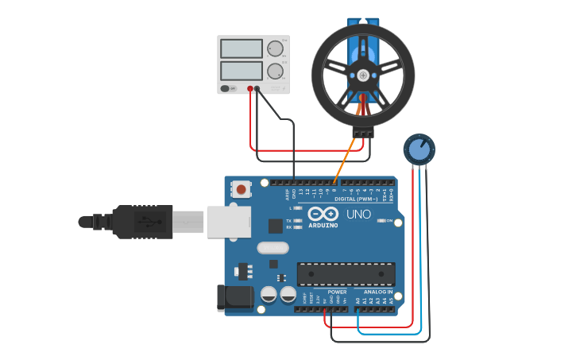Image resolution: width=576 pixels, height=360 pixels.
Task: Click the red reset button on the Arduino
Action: pyautogui.click(x=241, y=189)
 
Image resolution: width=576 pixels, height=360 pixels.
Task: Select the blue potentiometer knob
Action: pyautogui.click(x=419, y=149)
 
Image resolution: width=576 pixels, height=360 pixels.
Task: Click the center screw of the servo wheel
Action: pyautogui.click(x=363, y=75)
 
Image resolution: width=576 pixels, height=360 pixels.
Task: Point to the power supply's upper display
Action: pyautogui.click(x=241, y=48)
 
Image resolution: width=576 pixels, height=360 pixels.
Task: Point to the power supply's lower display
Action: pyautogui.click(x=241, y=71)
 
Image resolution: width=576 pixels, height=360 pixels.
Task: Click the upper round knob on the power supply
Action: pyautogui.click(x=275, y=48)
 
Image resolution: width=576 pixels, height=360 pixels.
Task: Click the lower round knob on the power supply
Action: pyautogui.click(x=275, y=71)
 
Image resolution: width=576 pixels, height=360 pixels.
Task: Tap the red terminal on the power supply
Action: pyautogui.click(x=250, y=88)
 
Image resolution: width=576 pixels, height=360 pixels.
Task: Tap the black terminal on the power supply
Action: pyautogui.click(x=257, y=88)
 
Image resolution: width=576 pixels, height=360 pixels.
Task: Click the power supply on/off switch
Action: pyautogui.click(x=226, y=88)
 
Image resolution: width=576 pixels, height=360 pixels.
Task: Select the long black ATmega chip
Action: pyautogui.click(x=346, y=273)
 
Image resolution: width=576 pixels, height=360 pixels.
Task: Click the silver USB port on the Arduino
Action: pyautogui.click(x=229, y=222)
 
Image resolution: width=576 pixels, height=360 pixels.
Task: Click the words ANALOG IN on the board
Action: pyautogui.click(x=370, y=292)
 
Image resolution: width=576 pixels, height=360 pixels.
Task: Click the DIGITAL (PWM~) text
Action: pyautogui.click(x=356, y=199)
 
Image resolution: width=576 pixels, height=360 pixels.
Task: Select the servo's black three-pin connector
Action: pyautogui.click(x=363, y=133)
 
